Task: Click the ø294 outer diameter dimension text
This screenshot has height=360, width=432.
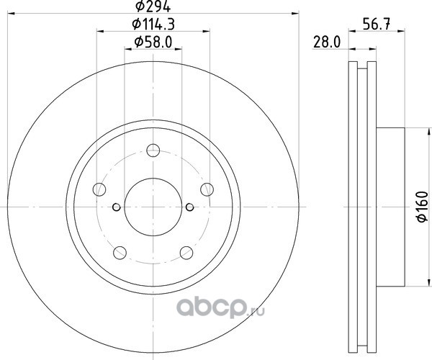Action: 153,6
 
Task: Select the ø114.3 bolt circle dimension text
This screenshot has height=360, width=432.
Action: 153,24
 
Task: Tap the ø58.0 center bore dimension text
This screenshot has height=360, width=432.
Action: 153,42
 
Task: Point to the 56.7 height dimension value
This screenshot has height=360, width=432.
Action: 377,24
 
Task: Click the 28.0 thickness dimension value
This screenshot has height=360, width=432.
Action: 327,42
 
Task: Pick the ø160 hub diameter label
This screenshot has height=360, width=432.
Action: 423,207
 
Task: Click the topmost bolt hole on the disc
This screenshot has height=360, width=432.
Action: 153,150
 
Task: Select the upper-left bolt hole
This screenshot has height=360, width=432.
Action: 99,189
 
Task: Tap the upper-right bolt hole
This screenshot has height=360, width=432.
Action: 207,189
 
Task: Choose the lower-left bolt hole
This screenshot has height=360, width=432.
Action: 120,253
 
